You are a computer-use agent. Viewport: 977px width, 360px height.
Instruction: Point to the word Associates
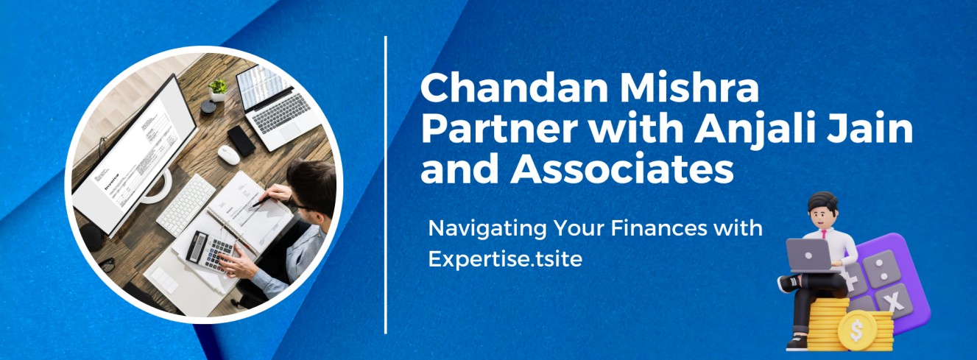[622, 169]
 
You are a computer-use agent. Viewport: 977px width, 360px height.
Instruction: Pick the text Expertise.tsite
[505, 258]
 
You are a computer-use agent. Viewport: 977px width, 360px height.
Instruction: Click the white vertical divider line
[386, 185]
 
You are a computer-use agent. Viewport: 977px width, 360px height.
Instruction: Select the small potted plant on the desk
[218, 91]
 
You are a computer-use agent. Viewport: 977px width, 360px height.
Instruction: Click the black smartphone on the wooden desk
[241, 141]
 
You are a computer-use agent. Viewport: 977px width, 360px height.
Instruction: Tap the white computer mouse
[229, 155]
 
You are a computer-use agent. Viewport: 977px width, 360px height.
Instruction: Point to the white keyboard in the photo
[187, 205]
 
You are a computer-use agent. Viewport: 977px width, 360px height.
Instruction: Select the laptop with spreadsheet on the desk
[278, 107]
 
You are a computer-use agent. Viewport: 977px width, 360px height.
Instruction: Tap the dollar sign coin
[856, 331]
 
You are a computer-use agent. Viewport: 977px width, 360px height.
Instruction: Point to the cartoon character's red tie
[824, 234]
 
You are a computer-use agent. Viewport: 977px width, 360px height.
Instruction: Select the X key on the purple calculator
[894, 300]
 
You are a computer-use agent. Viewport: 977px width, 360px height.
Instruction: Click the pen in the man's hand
[261, 201]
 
